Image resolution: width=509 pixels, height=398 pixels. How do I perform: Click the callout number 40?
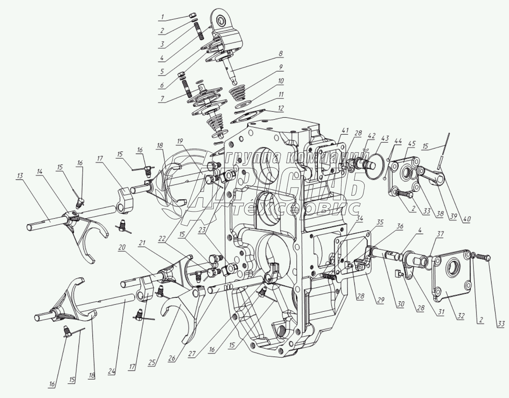467,219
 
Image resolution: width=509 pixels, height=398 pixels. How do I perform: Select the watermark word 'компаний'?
309,157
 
